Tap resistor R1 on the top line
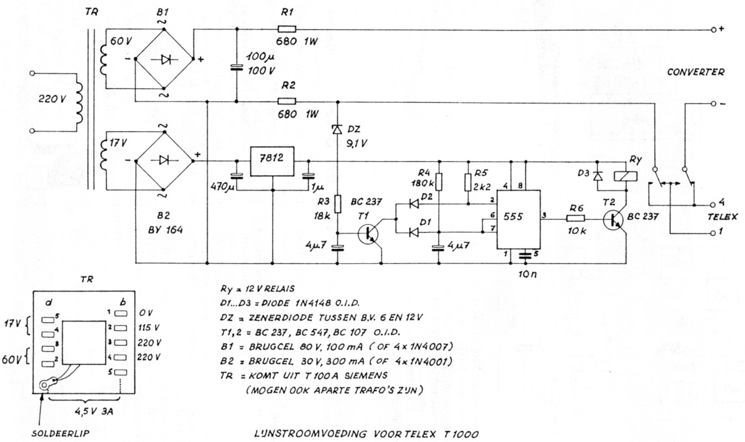click(x=286, y=29)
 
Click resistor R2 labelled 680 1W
click(x=286, y=101)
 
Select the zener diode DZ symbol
click(x=337, y=129)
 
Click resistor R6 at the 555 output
click(x=577, y=220)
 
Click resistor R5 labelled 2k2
click(x=467, y=181)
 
